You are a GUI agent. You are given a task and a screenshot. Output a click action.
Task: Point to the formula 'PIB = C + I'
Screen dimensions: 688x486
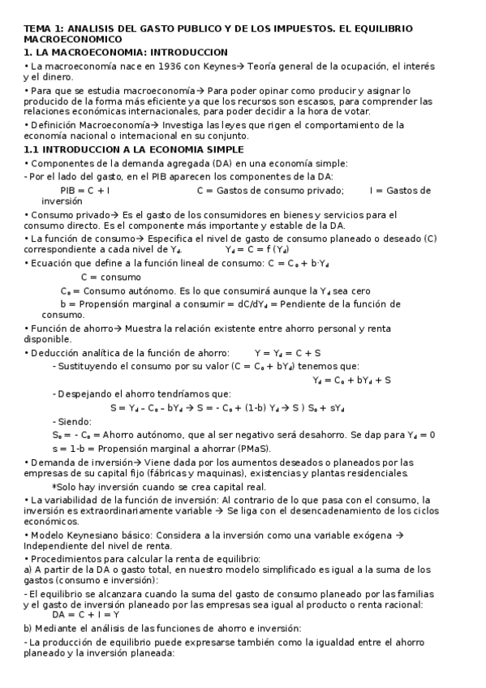point(85,191)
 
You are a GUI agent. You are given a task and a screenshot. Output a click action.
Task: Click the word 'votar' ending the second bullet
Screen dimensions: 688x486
point(355,111)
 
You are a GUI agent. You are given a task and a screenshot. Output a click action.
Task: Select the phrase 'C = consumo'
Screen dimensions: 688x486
point(110,277)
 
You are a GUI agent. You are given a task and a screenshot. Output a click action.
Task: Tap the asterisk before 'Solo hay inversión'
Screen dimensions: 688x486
point(54,487)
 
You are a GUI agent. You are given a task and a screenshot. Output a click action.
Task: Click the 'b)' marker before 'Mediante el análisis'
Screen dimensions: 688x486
point(27,628)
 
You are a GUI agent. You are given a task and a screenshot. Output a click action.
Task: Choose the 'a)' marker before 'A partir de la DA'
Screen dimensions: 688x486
point(27,570)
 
